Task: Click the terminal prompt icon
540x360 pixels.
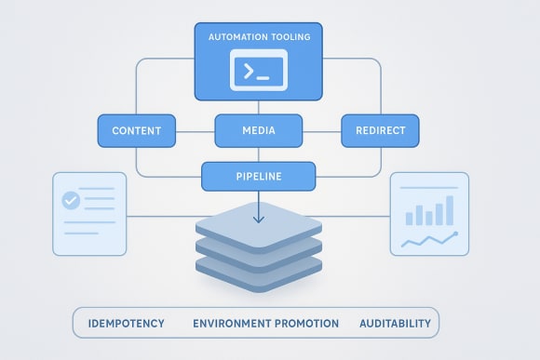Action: (x=259, y=72)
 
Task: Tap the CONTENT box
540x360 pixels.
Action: (x=137, y=130)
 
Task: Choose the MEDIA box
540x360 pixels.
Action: (x=259, y=130)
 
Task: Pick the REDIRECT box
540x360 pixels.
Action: (x=380, y=130)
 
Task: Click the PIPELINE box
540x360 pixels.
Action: (x=259, y=174)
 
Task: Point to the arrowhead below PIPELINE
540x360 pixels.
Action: (x=259, y=220)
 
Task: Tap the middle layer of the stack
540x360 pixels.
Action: (x=259, y=250)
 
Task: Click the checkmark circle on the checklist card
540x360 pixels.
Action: (x=70, y=200)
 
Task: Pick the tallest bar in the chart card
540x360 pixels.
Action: (x=450, y=209)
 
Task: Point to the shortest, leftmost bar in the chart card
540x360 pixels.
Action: (x=409, y=219)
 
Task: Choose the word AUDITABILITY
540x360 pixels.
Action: (x=395, y=324)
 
